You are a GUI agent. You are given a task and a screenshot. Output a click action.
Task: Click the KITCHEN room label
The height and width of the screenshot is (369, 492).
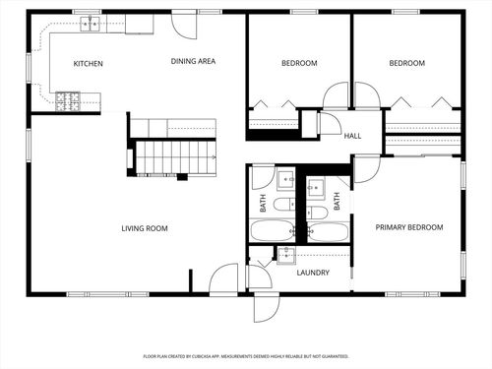pos(89,64)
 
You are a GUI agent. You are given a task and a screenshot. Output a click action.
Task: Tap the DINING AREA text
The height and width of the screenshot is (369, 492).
pos(193,61)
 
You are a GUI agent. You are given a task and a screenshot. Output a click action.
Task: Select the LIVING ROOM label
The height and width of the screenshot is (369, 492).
pos(145,228)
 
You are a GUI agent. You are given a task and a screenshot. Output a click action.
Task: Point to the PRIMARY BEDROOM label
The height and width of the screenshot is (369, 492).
pos(409,227)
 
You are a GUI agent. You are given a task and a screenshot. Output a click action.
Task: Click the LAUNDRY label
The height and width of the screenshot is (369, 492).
pos(312,273)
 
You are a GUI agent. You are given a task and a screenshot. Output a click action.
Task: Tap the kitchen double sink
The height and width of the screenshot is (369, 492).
pos(90,24)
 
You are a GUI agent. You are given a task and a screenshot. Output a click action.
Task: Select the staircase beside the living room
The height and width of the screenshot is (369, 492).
pos(174,154)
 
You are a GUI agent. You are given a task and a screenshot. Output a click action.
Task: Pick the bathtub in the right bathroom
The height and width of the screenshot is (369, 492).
pos(327,231)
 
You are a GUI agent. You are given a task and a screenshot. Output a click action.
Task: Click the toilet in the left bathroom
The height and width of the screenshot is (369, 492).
pos(282,205)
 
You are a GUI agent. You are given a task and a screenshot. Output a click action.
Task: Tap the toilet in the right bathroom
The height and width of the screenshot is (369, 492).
pos(317,211)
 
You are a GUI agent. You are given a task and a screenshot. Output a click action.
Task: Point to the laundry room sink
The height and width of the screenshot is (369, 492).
pos(286,255)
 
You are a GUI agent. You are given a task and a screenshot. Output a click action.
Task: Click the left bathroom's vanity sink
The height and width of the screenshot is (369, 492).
pos(285,179)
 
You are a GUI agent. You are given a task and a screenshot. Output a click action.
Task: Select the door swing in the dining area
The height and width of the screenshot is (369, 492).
pos(184,25)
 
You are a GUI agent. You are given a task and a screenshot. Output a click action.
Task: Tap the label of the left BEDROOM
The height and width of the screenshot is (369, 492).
pos(299,64)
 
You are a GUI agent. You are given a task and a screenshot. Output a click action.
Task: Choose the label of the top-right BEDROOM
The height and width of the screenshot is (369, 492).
pos(406,64)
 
